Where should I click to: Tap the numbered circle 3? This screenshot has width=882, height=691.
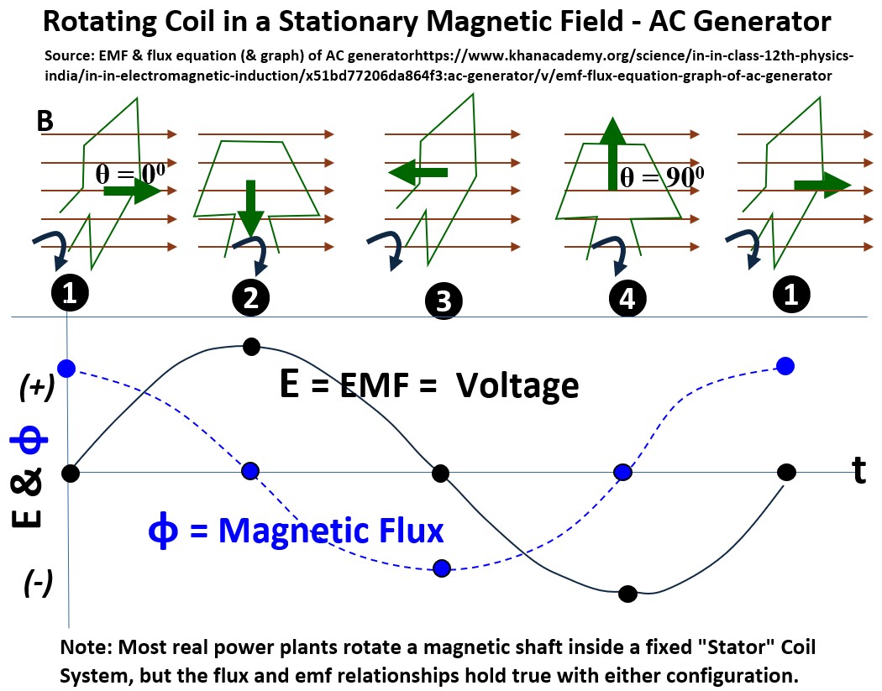pos(444,301)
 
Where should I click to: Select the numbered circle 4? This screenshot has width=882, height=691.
pos(627,298)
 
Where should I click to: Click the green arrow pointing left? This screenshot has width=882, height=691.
pos(418,173)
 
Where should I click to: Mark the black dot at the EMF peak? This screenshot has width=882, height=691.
pos(249,346)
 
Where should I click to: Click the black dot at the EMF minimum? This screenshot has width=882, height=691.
pos(626,594)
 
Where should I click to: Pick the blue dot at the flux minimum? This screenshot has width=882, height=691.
pos(443,568)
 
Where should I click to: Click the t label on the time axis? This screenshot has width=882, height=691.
pos(858,472)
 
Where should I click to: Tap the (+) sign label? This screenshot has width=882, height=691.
pos(37,387)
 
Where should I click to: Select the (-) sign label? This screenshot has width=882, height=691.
pos(37,583)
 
